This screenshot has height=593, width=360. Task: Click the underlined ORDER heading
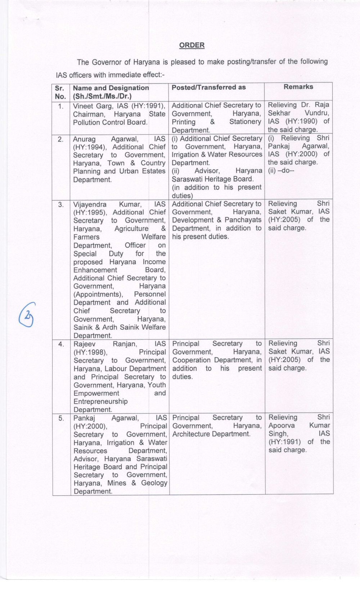(x=192, y=45)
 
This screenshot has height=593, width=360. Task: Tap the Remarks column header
(x=298, y=87)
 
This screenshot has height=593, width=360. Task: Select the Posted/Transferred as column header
(x=208, y=87)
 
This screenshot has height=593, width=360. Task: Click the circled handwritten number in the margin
(x=28, y=314)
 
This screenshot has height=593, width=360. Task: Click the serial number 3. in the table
(x=61, y=205)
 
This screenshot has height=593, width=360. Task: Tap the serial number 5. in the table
(x=61, y=418)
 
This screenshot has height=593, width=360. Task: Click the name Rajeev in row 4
(x=85, y=344)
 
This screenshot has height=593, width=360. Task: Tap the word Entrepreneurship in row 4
(x=100, y=401)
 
